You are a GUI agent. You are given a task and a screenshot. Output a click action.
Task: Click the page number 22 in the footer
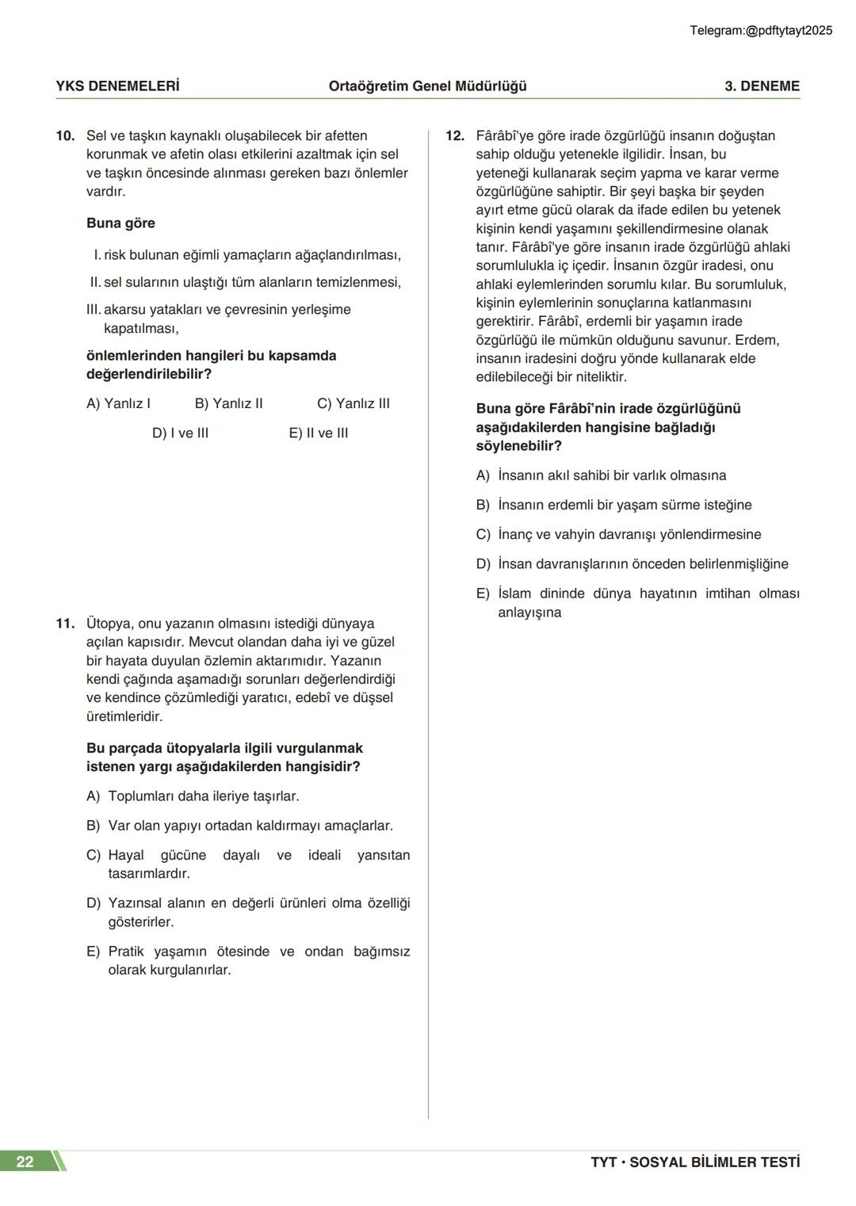pyautogui.click(x=25, y=1162)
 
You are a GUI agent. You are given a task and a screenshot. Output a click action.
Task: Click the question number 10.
pyautogui.click(x=65, y=135)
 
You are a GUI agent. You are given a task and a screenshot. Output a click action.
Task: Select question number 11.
pyautogui.click(x=65, y=624)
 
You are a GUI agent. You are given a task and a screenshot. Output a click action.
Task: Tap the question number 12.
pyautogui.click(x=455, y=135)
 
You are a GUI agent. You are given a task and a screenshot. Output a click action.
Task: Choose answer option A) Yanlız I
pyautogui.click(x=118, y=403)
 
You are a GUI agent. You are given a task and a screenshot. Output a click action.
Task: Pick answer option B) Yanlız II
pyautogui.click(x=228, y=403)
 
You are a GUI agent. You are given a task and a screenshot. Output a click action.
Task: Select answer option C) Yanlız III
pyautogui.click(x=353, y=403)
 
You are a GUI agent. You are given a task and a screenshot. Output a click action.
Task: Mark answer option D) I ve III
pyautogui.click(x=180, y=433)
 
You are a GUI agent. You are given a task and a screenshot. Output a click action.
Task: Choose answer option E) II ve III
pyautogui.click(x=319, y=433)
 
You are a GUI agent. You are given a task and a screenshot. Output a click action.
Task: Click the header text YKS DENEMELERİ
pyautogui.click(x=117, y=86)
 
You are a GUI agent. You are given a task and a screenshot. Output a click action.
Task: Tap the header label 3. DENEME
pyautogui.click(x=762, y=86)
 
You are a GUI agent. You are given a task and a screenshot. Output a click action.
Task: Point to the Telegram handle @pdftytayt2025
pyautogui.click(x=761, y=31)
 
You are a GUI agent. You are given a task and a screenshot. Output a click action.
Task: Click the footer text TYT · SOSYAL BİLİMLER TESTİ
pyautogui.click(x=695, y=1162)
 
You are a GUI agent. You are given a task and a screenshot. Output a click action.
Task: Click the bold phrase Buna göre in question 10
pyautogui.click(x=120, y=223)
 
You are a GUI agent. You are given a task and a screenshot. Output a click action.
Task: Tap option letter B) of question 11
pyautogui.click(x=94, y=826)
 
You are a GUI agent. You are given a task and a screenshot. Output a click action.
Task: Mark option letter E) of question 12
pyautogui.click(x=483, y=593)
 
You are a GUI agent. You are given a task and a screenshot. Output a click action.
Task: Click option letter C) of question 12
pyautogui.click(x=483, y=535)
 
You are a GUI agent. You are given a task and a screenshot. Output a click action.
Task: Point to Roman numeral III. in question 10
pyautogui.click(x=94, y=310)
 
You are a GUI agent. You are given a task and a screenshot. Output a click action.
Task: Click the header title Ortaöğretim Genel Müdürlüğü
pyautogui.click(x=428, y=86)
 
